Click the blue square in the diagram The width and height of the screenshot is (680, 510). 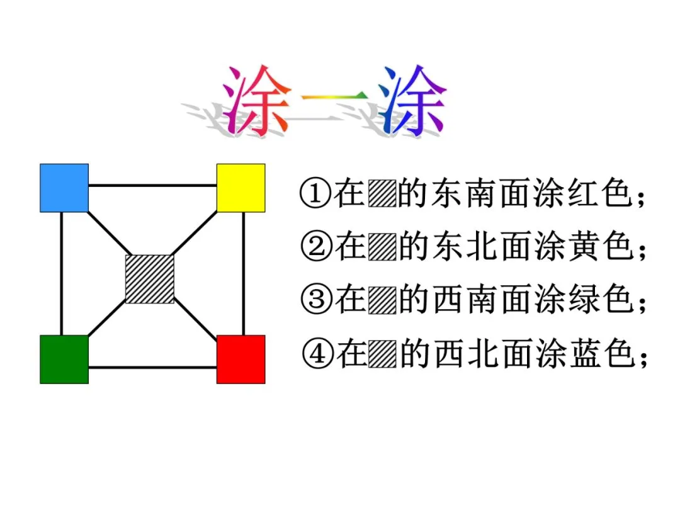click(x=64, y=188)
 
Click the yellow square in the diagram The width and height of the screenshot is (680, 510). click(x=241, y=188)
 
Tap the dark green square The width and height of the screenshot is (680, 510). click(x=64, y=359)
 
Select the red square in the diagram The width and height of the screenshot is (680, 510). click(x=241, y=359)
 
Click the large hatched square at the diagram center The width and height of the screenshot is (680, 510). click(x=149, y=279)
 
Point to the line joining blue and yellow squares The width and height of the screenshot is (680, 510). click(x=152, y=186)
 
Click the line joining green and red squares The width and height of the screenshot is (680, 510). click(x=152, y=366)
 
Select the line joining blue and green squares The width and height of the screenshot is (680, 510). click(x=62, y=273)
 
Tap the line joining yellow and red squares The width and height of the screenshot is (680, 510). click(x=243, y=273)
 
